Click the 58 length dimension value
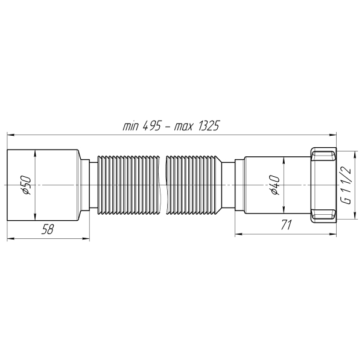48,228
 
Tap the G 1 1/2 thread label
346,184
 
